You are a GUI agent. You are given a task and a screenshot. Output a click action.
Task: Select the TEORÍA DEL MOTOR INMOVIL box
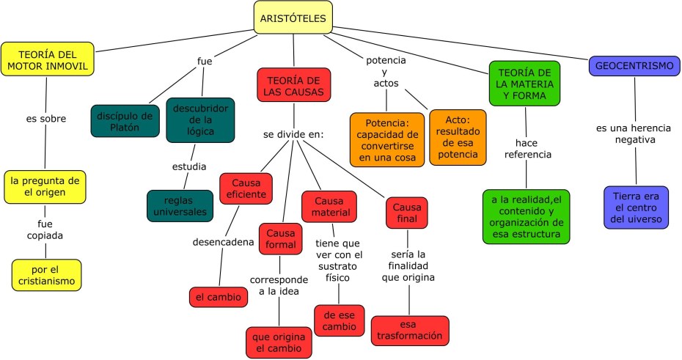48,60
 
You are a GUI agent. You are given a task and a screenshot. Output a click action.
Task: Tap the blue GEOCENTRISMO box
634,66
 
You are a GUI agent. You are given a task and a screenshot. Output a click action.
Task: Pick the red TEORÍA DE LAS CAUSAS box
293,85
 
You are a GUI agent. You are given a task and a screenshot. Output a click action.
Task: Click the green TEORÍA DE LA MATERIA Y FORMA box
524,85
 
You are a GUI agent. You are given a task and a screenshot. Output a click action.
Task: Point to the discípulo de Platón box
125,121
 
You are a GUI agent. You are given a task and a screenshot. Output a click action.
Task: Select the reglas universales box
180,206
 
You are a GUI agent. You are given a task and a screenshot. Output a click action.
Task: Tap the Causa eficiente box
246,188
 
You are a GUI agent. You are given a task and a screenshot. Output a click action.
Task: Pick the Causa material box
329,206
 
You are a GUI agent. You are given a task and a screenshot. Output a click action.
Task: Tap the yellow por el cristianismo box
46,275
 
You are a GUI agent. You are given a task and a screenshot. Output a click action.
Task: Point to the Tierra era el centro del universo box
636,207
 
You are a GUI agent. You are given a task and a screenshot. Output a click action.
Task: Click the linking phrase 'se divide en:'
293,135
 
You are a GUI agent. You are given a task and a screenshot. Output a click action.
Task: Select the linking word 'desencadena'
223,242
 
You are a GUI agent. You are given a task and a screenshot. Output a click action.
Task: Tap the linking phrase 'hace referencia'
523,149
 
